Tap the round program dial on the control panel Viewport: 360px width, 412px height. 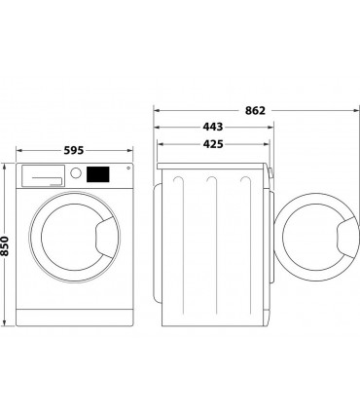coord(74,174)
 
